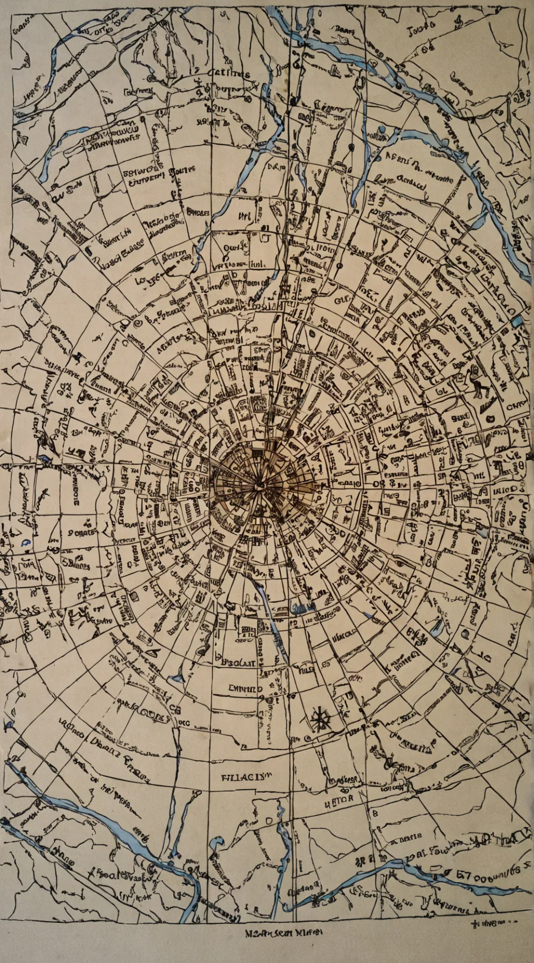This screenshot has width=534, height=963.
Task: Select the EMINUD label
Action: pyautogui.click(x=246, y=688)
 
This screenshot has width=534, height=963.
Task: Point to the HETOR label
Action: pyautogui.click(x=339, y=798)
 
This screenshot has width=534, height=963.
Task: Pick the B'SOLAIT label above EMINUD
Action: pyautogui.click(x=238, y=663)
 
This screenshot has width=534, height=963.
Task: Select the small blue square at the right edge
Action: pyautogui.click(x=516, y=322)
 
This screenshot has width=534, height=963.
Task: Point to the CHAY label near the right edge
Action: pyautogui.click(x=516, y=405)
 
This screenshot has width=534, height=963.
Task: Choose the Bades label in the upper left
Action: pyautogui.click(x=197, y=213)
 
